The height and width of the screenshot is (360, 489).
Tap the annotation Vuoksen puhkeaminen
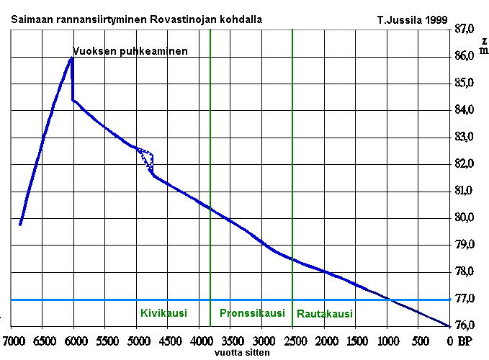[130, 51]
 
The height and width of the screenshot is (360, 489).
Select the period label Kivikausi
[163, 313]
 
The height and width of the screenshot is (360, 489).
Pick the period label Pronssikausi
[252, 313]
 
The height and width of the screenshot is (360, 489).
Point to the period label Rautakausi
[325, 314]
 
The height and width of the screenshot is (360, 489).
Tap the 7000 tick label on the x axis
[12, 341]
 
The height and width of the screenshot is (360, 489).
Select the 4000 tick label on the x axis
[199, 341]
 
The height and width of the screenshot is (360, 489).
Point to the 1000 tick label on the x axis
[387, 341]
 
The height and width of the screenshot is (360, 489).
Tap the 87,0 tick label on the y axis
[465, 29]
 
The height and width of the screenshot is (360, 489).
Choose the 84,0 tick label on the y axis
[465, 109]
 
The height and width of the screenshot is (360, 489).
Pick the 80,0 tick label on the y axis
[465, 217]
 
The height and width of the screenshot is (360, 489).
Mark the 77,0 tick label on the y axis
[465, 298]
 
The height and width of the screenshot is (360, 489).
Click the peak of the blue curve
[72, 58]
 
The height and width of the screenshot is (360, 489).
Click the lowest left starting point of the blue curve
[20, 225]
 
